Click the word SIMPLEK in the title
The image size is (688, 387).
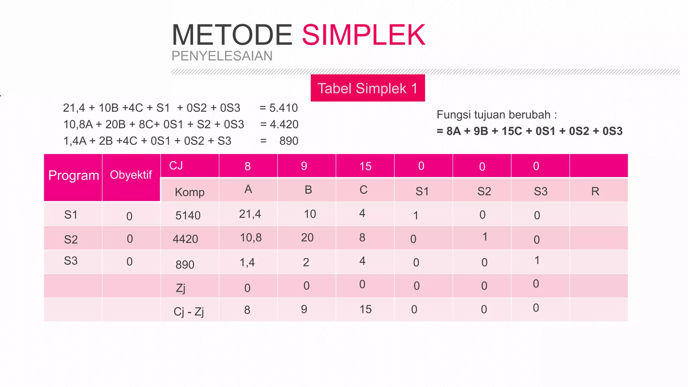click(x=363, y=35)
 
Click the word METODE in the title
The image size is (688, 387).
click(x=232, y=35)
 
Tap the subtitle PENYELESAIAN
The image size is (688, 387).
click(x=222, y=56)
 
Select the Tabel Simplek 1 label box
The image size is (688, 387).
click(x=368, y=88)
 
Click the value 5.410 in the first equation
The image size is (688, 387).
click(x=284, y=108)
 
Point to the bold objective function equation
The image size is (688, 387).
click(x=529, y=131)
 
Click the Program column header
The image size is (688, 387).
click(x=73, y=175)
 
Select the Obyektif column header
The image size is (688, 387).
click(x=131, y=175)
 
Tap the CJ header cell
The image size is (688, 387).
click(x=176, y=165)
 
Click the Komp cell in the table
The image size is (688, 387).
click(x=189, y=192)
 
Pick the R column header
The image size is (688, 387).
click(x=595, y=191)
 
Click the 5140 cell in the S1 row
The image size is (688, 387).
click(x=188, y=215)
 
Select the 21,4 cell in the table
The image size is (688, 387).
click(x=250, y=214)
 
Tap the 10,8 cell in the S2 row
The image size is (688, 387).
click(x=251, y=238)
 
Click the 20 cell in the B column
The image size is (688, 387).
click(x=307, y=238)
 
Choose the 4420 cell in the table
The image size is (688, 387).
click(x=185, y=239)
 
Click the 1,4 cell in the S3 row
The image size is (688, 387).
click(x=247, y=262)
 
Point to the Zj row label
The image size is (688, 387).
click(x=181, y=288)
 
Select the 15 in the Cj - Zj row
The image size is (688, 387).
click(x=365, y=309)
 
